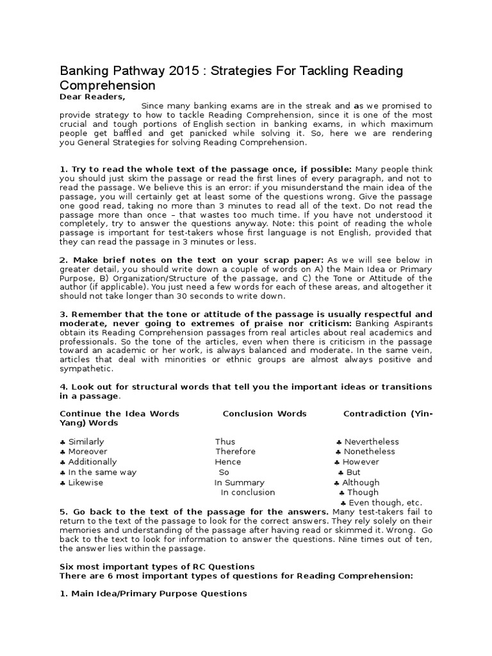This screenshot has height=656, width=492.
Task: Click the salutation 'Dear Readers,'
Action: pyautogui.click(x=92, y=96)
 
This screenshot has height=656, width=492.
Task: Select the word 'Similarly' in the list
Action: pyautogui.click(x=86, y=441)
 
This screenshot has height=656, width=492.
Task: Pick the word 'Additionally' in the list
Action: pyautogui.click(x=92, y=462)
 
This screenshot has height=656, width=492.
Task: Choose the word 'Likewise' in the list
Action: pyautogui.click(x=85, y=482)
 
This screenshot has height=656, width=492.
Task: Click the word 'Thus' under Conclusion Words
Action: pyautogui.click(x=225, y=441)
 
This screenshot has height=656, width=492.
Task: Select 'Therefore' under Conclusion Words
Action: pyautogui.click(x=235, y=452)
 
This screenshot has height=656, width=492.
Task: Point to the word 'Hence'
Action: pyautogui.click(x=228, y=462)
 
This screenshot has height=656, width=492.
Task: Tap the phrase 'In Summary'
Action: pyautogui.click(x=239, y=482)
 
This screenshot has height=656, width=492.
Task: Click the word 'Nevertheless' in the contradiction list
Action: pyautogui.click(x=372, y=441)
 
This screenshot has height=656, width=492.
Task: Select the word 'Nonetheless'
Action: pyautogui.click(x=370, y=452)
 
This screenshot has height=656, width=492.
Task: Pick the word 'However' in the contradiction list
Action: pyautogui.click(x=361, y=462)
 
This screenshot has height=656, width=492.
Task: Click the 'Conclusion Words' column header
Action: pyautogui.click(x=265, y=414)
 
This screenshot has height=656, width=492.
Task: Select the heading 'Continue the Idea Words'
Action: pyautogui.click(x=119, y=414)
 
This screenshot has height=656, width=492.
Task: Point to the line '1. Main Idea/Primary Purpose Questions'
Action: pyautogui.click(x=153, y=594)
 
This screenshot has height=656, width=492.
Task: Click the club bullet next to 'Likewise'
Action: pyautogui.click(x=62, y=482)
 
